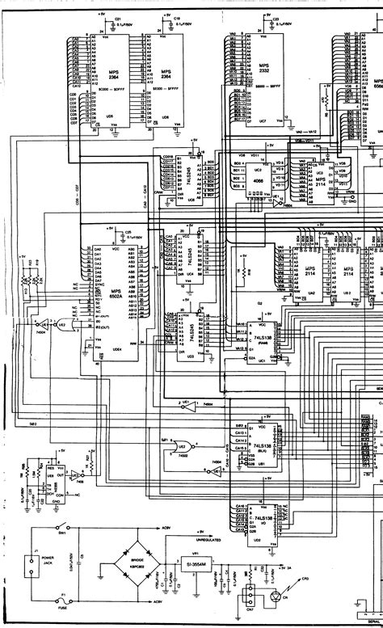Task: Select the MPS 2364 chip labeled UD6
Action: click(x=165, y=81)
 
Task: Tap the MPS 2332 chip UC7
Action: click(x=261, y=77)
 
